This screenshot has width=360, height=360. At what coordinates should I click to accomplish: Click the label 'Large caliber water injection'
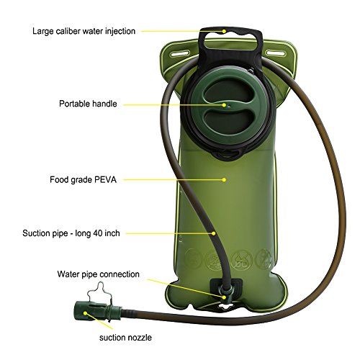84,31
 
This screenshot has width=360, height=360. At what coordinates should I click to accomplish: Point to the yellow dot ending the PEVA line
225,179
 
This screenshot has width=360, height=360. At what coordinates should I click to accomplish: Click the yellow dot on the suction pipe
213,233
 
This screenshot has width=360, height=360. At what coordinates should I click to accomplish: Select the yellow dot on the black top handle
225,31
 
